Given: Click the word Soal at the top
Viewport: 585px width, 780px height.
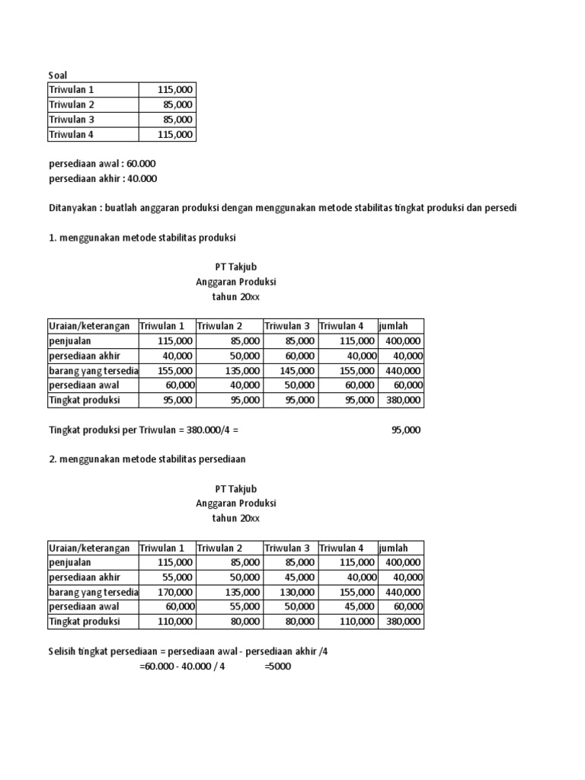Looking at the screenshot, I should pyautogui.click(x=58, y=75).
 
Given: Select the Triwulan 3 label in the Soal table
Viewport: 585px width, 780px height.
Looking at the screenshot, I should pyautogui.click(x=72, y=120).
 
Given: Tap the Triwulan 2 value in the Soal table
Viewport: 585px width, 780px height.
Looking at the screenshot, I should pyautogui.click(x=178, y=104).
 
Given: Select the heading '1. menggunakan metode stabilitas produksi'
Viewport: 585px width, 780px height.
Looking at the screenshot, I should pyautogui.click(x=142, y=238).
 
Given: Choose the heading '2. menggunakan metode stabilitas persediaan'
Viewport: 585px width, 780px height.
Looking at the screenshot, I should pyautogui.click(x=147, y=459).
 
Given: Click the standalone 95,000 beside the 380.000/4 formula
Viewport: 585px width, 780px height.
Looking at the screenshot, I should pyautogui.click(x=405, y=430).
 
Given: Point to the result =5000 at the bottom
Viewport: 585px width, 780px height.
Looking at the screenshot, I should pyautogui.click(x=277, y=667).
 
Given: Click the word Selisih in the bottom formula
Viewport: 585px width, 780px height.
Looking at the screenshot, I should pyautogui.click(x=64, y=651).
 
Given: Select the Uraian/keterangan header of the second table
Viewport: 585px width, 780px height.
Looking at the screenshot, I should pyautogui.click(x=89, y=548).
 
